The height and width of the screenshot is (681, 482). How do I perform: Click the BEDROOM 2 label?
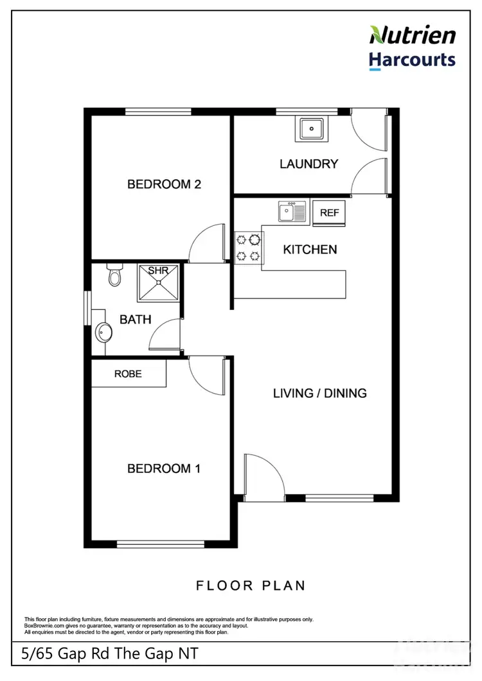point(165,184)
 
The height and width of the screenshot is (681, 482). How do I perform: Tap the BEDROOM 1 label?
point(164,469)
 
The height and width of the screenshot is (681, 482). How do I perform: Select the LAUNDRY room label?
point(308,164)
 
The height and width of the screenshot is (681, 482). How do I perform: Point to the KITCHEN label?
point(310,249)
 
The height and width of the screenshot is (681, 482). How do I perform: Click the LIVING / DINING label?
point(319,393)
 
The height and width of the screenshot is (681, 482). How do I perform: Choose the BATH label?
point(136,318)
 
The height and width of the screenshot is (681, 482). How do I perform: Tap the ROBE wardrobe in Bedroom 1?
point(129,374)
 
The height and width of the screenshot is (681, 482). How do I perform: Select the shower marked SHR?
point(158,283)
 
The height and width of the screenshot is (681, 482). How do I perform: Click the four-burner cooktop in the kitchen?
point(249,248)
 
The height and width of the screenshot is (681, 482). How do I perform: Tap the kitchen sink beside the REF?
point(292,211)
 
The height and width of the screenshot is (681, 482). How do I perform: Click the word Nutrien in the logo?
point(413,35)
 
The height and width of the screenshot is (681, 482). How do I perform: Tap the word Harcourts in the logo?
point(413,60)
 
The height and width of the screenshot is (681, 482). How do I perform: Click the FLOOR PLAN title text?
point(251,585)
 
